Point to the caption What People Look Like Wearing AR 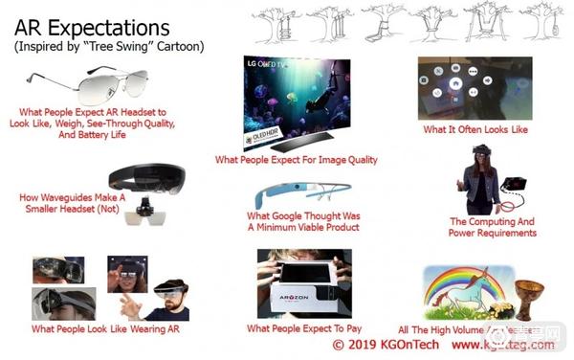point(105,329)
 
